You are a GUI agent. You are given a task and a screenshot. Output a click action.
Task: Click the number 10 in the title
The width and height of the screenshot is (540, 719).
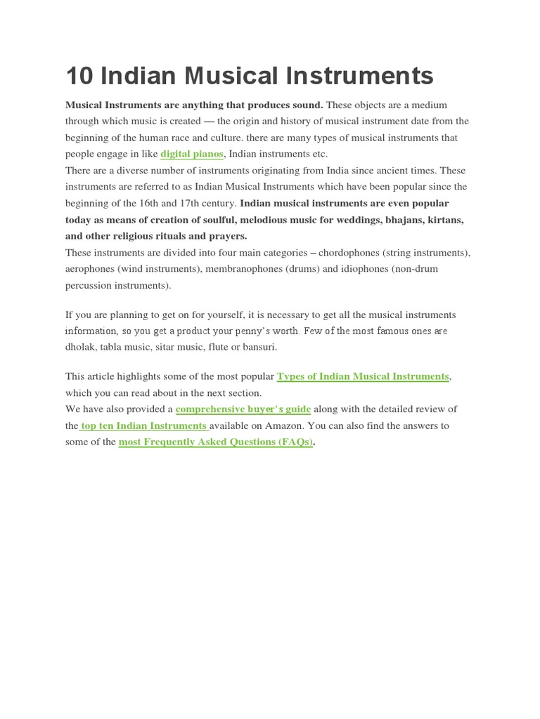tap(78, 76)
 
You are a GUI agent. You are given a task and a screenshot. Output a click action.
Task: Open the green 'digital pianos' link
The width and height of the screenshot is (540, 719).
tap(192, 154)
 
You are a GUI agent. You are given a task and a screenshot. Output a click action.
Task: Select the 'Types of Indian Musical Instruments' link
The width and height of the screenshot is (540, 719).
tap(363, 376)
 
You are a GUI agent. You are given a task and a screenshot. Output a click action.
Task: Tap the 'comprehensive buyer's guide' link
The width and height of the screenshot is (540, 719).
tap(243, 409)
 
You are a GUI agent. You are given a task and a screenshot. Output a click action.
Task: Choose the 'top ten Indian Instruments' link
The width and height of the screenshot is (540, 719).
tap(143, 426)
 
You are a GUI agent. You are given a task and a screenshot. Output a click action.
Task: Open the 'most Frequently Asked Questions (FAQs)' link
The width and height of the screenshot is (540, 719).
tap(215, 442)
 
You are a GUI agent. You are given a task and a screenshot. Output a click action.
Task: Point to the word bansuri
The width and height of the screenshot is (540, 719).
tap(259, 347)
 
